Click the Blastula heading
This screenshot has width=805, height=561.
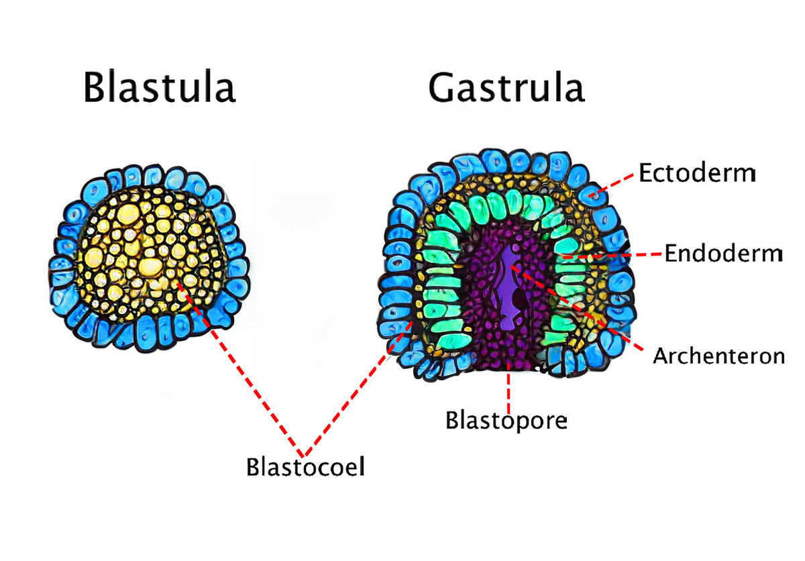coord(159,89)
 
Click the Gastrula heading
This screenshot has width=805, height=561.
coord(506,87)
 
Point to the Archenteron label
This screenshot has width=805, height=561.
coord(718,356)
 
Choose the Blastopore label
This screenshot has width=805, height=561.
coord(506,421)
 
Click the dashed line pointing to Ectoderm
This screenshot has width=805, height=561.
coord(614,185)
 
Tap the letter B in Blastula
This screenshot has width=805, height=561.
coord(95,89)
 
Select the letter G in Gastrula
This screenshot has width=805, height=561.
coord(443,87)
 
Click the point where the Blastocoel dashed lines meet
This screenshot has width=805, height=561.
coord(303,451)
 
